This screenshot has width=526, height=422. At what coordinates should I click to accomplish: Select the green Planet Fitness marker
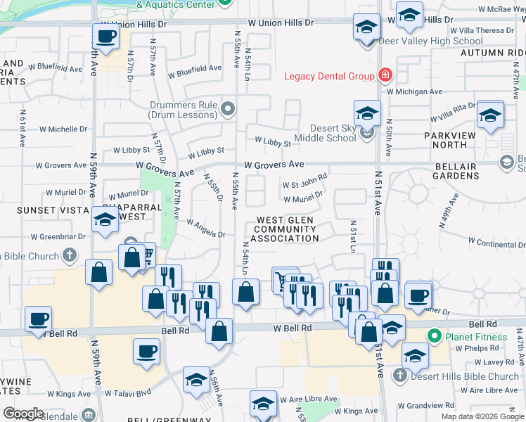click(x=434, y=337)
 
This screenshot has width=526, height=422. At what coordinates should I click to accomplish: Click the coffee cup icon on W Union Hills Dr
click(x=106, y=35)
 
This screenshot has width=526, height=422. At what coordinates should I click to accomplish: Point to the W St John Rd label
click(x=304, y=181)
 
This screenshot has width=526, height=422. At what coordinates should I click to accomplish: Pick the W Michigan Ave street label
click(x=413, y=91)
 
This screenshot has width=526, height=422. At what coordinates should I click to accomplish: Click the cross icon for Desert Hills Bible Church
click(x=399, y=375)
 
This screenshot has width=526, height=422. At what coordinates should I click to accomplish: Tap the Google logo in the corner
click(x=23, y=414)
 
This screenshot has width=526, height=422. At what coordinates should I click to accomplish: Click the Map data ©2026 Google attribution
click(x=482, y=416)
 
